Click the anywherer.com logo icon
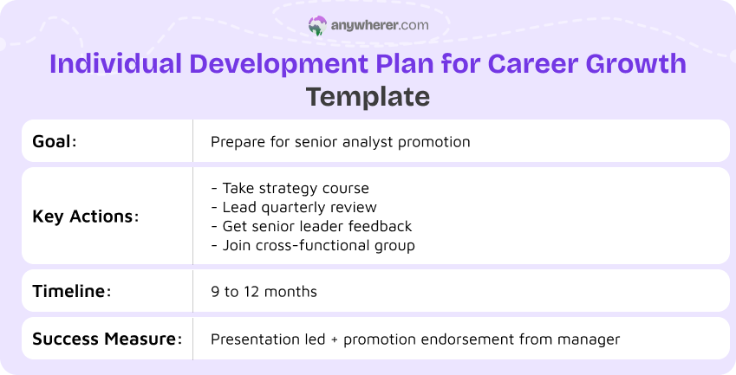pos(317,26)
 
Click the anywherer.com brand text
pos(379,26)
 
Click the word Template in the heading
pos(368,96)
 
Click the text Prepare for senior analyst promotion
pos(340,141)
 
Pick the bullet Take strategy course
pos(290,188)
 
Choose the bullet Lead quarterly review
pos(294,207)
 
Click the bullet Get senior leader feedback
pos(311,226)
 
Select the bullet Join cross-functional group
pos(313,245)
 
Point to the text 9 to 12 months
pos(264,291)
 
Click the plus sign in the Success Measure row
pos(334,339)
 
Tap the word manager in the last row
pos(594,339)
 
